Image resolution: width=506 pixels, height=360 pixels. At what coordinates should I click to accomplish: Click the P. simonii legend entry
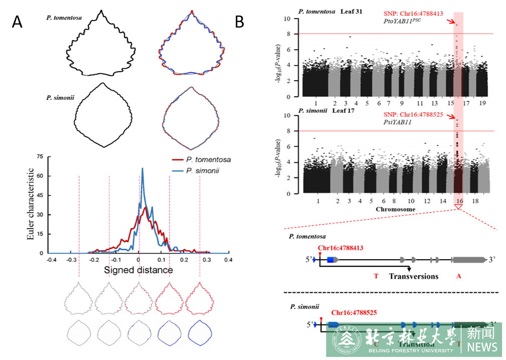pyautogui.click(x=205, y=170)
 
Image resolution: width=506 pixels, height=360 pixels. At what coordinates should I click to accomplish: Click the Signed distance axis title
pyautogui.click(x=138, y=270)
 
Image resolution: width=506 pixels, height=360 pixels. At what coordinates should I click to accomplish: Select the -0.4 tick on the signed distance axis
pyautogui.click(x=51, y=260)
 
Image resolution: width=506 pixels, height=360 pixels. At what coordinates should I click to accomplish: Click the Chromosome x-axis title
pyautogui.click(x=396, y=209)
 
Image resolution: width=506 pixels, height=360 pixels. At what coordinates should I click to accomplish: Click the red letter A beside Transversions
pyautogui.click(x=459, y=276)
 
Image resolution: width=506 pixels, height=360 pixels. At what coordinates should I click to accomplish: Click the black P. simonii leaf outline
pyautogui.click(x=103, y=115)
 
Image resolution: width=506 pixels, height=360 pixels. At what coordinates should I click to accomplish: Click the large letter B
pyautogui.click(x=239, y=22)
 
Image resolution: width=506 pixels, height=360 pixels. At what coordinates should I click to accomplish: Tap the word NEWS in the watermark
pyautogui.click(x=483, y=346)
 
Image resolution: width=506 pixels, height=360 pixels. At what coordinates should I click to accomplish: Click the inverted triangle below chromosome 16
pyautogui.click(x=459, y=207)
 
